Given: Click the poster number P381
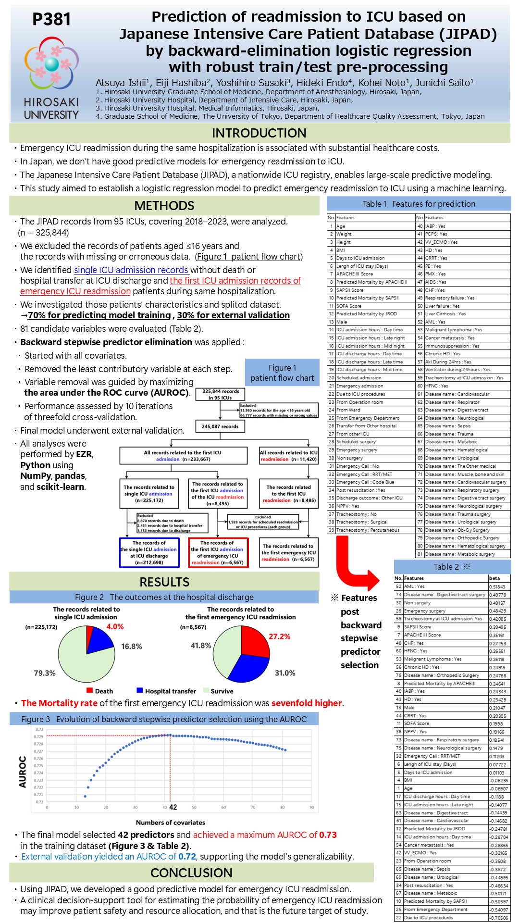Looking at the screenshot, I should click(51, 19).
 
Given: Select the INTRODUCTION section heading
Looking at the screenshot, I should click(259, 133).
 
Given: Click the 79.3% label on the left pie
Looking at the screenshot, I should click(45, 673).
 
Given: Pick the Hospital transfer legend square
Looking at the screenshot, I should click(140, 690).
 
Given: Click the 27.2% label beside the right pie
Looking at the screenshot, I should click(279, 636).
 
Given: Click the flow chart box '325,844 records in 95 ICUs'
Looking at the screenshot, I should click(220, 394).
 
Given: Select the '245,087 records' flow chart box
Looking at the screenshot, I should click(220, 426).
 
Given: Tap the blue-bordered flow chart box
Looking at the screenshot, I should click(149, 552).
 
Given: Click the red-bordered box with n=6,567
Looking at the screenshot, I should click(218, 552).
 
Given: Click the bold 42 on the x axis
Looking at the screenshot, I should click(173, 807).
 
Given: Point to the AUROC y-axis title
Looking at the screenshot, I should click(23, 771).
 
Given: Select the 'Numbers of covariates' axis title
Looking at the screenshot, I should click(170, 823).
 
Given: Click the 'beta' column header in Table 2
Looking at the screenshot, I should click(494, 578).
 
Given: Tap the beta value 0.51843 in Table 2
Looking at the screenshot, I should click(498, 586).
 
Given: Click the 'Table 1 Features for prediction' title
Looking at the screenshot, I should click(419, 204).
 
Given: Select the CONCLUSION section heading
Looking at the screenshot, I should click(191, 873).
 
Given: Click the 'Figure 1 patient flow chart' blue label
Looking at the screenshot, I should click(282, 373).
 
